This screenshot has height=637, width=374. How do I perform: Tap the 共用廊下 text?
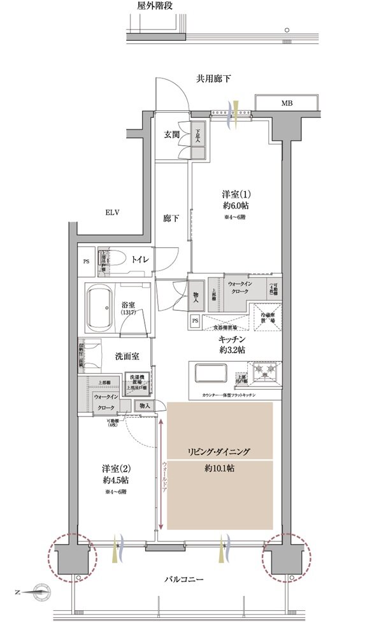(213, 78)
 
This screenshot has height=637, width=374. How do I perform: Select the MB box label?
(287, 103)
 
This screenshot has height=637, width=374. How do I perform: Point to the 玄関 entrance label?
(171, 135)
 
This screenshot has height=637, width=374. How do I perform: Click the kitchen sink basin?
(211, 372)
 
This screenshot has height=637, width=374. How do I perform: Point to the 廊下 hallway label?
(171, 218)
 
